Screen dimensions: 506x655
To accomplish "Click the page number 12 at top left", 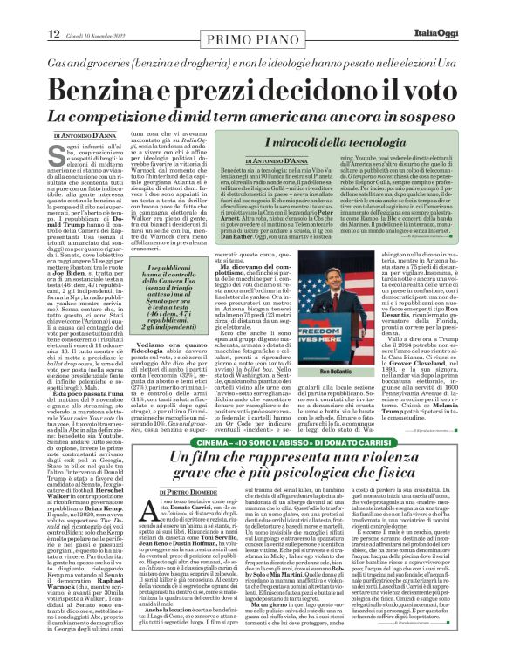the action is pyautogui.click(x=54, y=10).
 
